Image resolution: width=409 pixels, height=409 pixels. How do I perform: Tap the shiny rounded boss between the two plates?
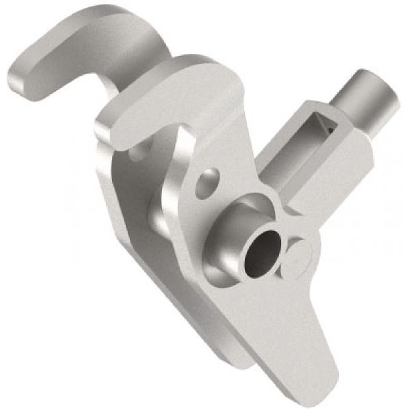(x=157, y=217)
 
